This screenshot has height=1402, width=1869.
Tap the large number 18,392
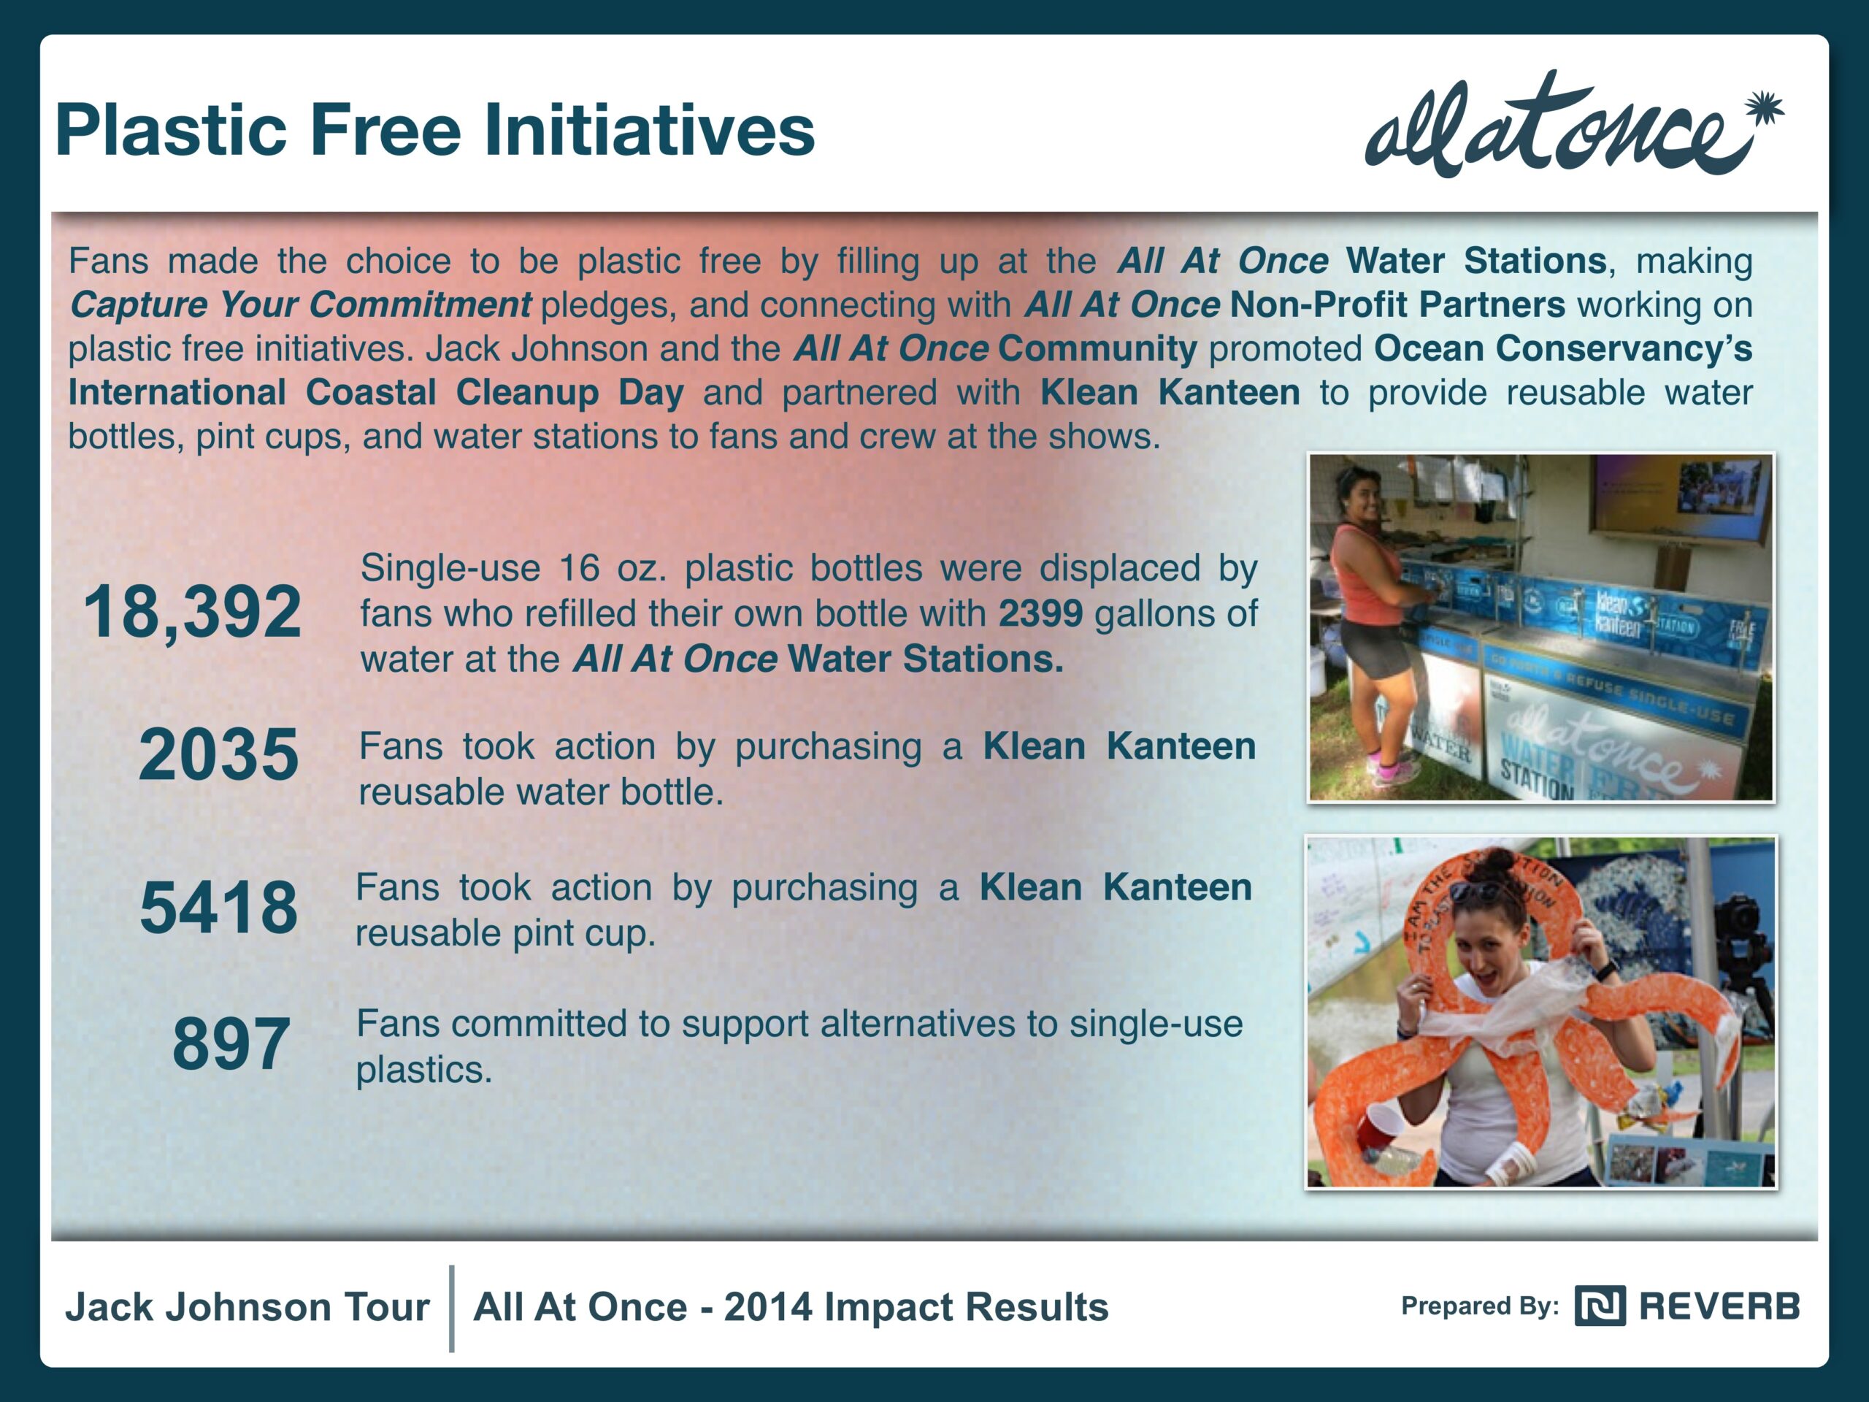coord(192,612)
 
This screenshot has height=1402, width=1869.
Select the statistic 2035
coord(218,754)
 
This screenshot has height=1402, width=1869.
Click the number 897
coord(231,1043)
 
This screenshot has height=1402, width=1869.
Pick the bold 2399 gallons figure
coord(1040,613)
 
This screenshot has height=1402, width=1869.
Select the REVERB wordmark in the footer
coord(1719,1306)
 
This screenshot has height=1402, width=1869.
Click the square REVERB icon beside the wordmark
coord(1600,1306)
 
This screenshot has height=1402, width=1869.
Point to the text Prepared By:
coord(1479,1306)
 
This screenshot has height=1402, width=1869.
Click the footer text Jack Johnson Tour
coord(247,1307)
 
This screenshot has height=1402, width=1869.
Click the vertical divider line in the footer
coord(452,1309)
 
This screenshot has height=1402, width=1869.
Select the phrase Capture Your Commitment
coord(301,305)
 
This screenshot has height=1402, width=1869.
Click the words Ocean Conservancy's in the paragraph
coord(1563,349)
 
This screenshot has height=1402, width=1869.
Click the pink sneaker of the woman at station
coord(1395,770)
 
